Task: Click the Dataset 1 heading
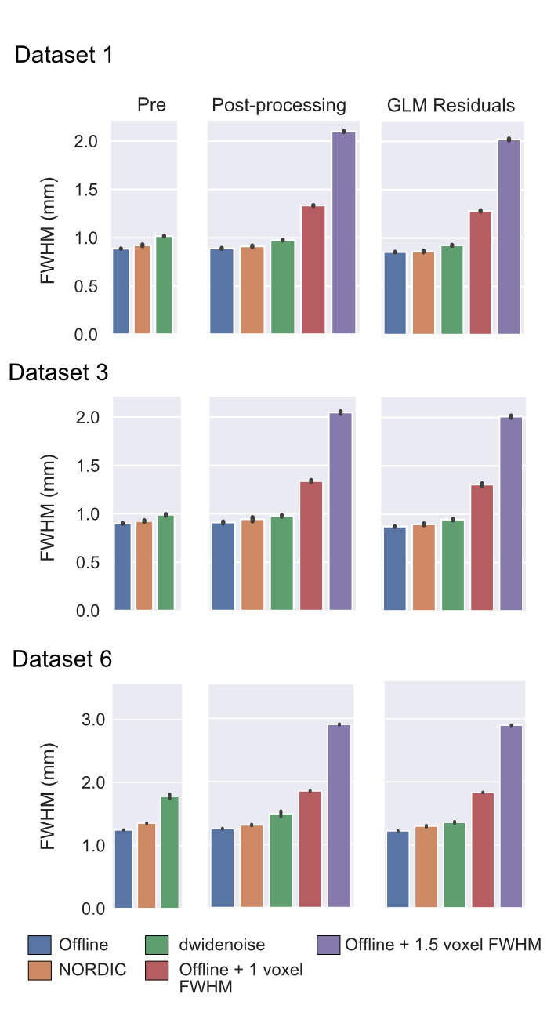click(64, 56)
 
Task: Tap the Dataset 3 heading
click(58, 372)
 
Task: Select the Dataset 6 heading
click(62, 660)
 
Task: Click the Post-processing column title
click(279, 106)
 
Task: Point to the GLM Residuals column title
click(451, 106)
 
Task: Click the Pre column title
click(151, 106)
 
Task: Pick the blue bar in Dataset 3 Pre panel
click(122, 567)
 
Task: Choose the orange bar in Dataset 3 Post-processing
click(252, 564)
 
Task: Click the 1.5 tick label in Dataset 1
click(89, 190)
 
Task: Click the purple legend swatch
click(328, 945)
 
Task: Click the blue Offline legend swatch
click(39, 945)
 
